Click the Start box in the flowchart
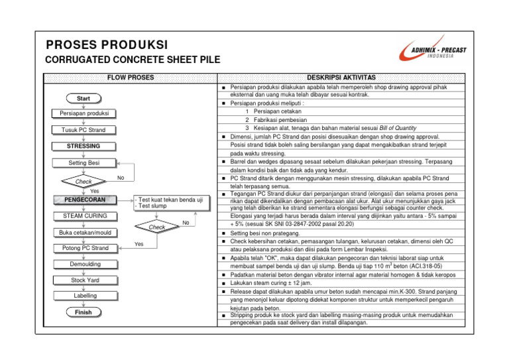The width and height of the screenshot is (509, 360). [x=84, y=98]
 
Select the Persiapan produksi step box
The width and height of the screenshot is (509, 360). [x=84, y=114]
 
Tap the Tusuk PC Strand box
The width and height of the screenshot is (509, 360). [x=84, y=130]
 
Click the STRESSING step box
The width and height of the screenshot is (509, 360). [x=84, y=146]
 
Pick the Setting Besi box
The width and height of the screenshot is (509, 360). [x=84, y=162]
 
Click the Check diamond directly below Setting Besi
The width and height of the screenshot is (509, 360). [x=84, y=181]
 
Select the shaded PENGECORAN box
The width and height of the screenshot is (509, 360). [x=84, y=199]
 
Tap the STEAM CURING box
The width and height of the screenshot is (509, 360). [x=84, y=215]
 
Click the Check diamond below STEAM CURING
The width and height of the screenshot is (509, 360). [x=156, y=227]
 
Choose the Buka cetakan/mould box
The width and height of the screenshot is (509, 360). [x=84, y=232]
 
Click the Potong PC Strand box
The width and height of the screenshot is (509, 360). [x=84, y=248]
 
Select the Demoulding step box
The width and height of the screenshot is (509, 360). [x=84, y=264]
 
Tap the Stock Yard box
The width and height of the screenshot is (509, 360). [x=84, y=280]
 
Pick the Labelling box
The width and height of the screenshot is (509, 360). [x=84, y=296]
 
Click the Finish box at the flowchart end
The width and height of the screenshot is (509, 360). [x=84, y=312]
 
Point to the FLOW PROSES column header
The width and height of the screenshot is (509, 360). [x=131, y=78]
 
